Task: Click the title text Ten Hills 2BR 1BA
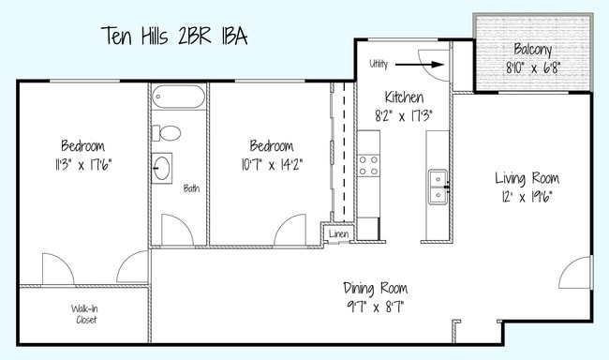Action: (173, 37)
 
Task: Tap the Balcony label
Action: (532, 50)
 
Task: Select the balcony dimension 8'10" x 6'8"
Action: (532, 67)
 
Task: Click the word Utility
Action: (379, 64)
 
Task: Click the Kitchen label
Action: (404, 97)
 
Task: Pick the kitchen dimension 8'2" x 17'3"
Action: (404, 116)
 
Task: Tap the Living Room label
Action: (527, 178)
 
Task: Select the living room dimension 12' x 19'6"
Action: (527, 197)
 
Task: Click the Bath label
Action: (191, 188)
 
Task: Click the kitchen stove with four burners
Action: (367, 165)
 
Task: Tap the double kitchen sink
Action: (438, 186)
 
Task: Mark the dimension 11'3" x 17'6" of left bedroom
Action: (82, 164)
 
